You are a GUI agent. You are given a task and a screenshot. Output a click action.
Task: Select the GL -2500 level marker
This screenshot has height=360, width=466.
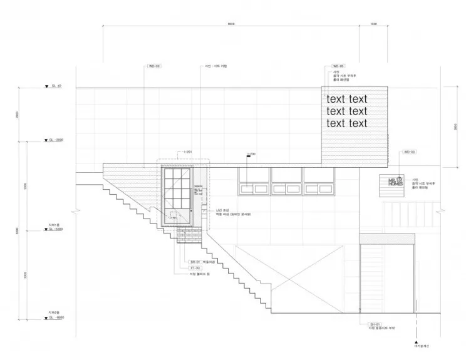tap(58, 140)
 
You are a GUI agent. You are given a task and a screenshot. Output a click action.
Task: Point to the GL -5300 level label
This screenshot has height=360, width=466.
tap(56, 230)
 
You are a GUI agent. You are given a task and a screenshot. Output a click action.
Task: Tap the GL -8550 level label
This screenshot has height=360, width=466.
tap(56, 318)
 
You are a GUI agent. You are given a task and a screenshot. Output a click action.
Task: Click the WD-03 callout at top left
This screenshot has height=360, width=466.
tap(153, 66)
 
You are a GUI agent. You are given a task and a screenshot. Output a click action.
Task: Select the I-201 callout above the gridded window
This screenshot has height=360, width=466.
tap(184, 152)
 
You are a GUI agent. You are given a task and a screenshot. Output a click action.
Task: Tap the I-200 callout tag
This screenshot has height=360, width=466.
tap(252, 153)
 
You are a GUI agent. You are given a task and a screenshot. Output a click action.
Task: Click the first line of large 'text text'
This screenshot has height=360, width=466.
tap(347, 99)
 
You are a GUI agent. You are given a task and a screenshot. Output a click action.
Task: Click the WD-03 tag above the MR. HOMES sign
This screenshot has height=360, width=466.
tap(409, 152)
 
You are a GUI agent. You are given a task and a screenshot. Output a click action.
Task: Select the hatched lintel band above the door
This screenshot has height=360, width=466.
tap(387, 239)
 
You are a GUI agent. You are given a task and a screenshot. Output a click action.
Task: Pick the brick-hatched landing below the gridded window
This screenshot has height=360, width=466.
tap(189, 237)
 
